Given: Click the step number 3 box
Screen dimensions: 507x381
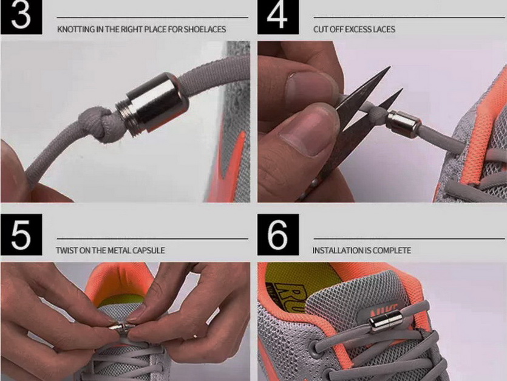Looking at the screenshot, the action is (21, 17).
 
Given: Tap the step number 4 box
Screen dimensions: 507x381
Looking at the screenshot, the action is (278, 17).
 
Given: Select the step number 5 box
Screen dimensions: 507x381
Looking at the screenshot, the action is (21, 235).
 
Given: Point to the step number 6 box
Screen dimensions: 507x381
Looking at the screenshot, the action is (278, 235).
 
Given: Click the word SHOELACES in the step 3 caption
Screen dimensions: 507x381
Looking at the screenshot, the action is (205, 29).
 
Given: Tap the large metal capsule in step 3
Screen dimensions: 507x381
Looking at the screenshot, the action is (152, 102).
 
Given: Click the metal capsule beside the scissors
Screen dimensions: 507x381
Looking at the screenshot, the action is (404, 125).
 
